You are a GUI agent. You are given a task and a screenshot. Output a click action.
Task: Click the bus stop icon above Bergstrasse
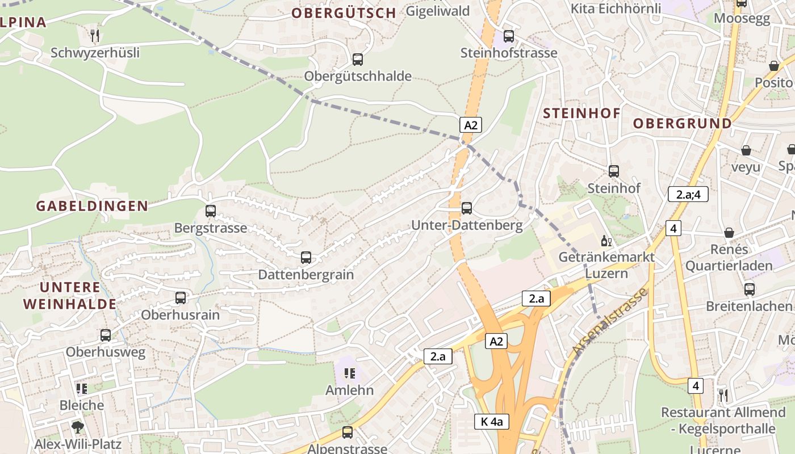[x=211, y=211]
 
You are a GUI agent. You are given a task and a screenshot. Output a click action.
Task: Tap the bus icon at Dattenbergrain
[x=306, y=258]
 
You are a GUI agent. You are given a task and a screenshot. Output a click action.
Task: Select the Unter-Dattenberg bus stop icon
[x=467, y=208]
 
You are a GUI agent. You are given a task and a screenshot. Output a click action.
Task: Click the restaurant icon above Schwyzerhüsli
[x=95, y=35]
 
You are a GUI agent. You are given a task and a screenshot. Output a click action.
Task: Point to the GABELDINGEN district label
[x=92, y=206]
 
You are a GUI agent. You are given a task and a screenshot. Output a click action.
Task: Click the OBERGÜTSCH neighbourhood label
[x=344, y=13]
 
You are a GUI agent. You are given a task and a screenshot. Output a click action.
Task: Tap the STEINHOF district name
[x=582, y=113]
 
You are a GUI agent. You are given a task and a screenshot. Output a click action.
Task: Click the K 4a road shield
[x=492, y=422]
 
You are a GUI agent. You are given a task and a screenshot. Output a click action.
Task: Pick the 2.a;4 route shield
[x=688, y=194]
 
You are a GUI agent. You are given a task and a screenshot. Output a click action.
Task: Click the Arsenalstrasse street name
[x=610, y=322]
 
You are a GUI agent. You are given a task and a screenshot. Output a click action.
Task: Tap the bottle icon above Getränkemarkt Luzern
[x=606, y=241]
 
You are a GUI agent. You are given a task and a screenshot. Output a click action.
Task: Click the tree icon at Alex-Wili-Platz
[x=78, y=427]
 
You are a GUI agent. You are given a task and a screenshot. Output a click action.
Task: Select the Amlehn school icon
[x=349, y=373]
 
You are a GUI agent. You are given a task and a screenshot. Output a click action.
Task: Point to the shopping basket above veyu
[x=746, y=150]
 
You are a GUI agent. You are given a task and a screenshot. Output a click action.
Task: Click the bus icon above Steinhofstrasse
[x=509, y=36]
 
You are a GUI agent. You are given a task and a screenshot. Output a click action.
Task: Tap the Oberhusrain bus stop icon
[x=181, y=298]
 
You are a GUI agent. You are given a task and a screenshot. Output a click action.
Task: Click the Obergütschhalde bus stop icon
[x=358, y=60]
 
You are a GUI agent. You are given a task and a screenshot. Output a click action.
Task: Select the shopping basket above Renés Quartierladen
[x=729, y=233]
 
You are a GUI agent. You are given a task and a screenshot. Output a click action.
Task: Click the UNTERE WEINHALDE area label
[x=70, y=296]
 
